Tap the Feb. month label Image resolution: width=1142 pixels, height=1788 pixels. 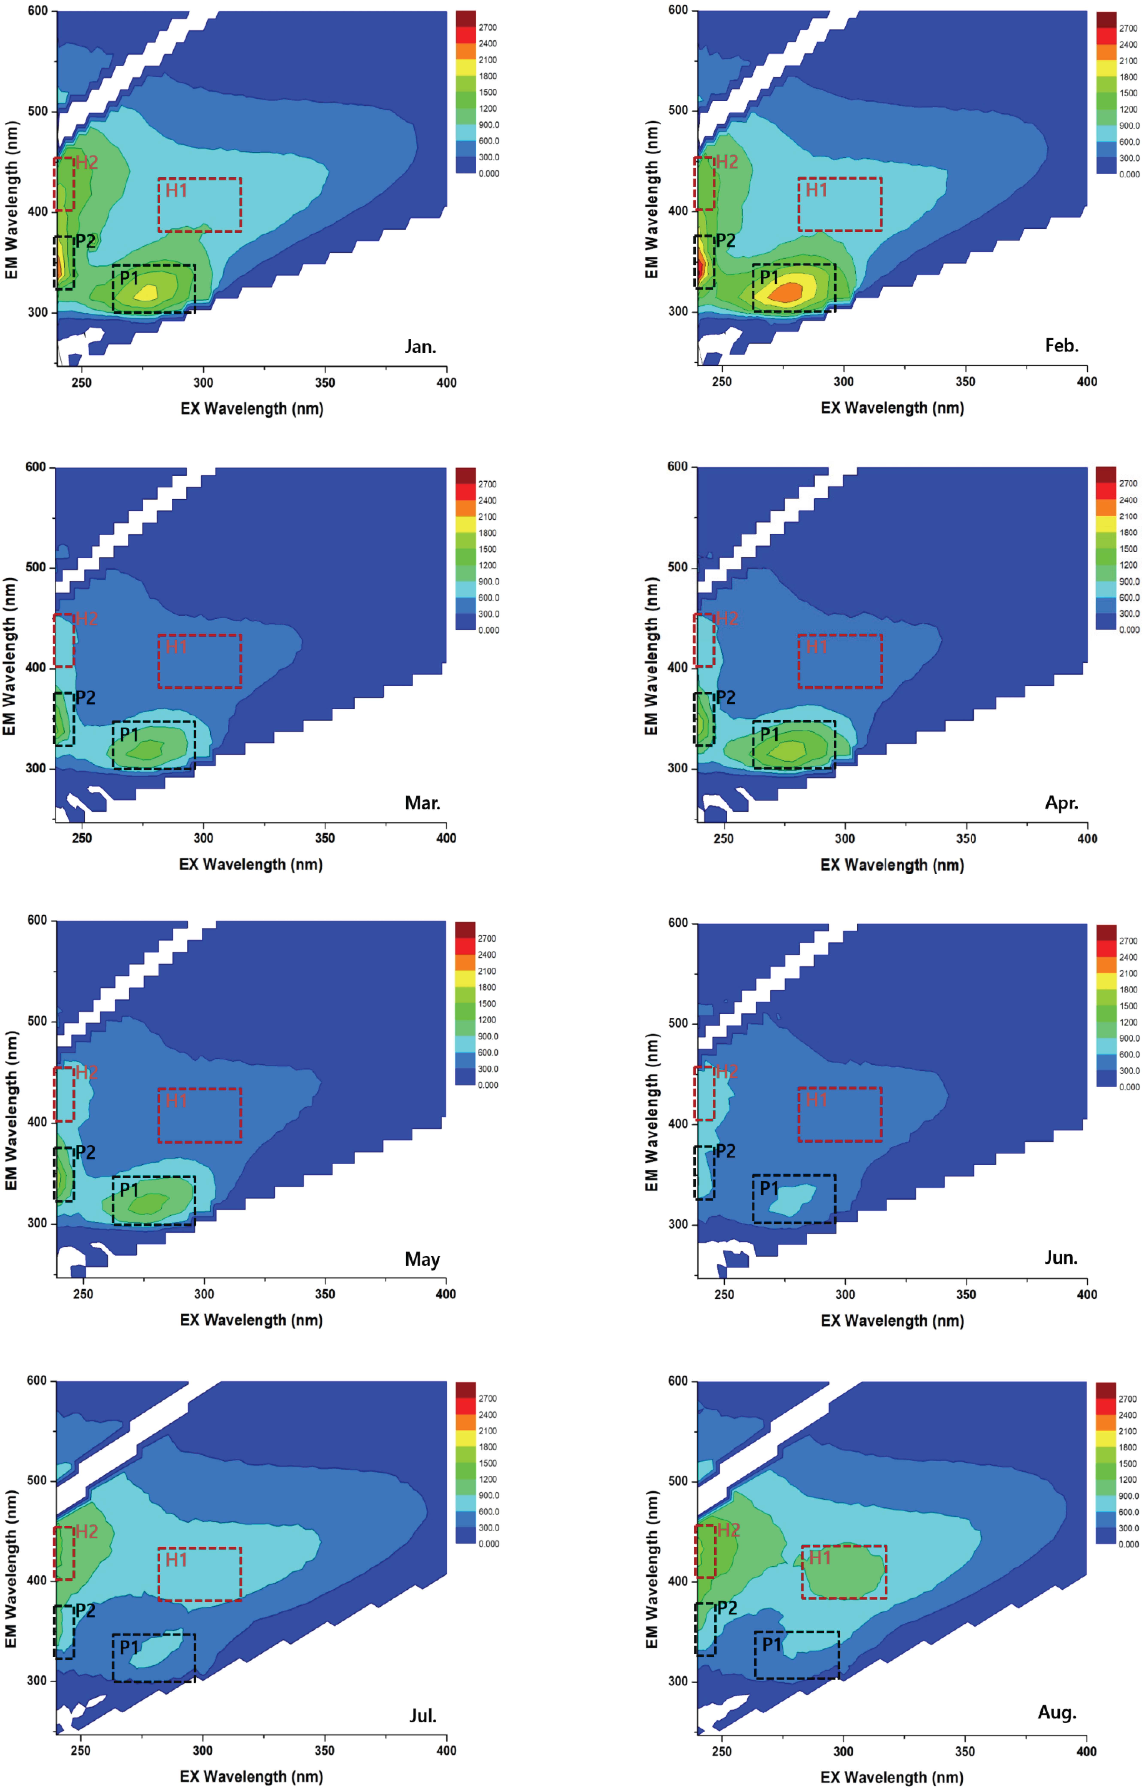coord(1061,345)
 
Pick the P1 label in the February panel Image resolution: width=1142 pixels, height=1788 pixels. coord(770,277)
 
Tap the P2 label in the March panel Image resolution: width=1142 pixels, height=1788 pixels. coord(85,697)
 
